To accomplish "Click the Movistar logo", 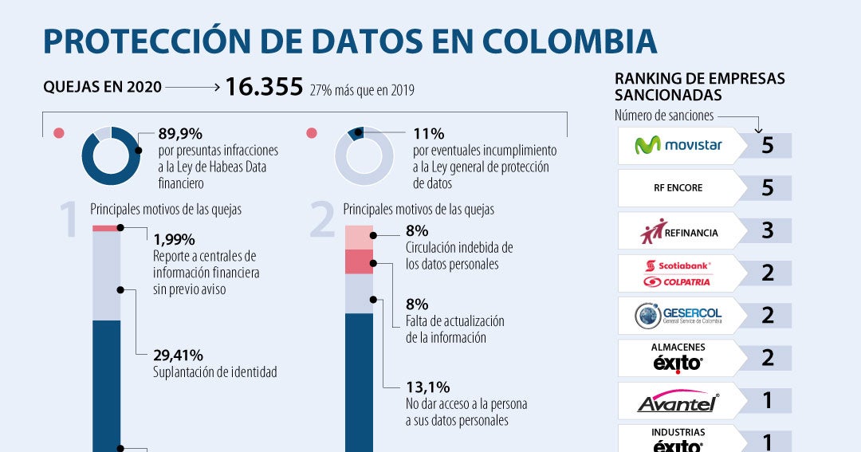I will (678, 146).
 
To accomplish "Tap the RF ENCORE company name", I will (678, 189).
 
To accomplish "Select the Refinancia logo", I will (679, 232).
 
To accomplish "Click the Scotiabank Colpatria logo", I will (678, 273).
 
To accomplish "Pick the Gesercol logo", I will (679, 316).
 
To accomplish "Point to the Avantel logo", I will (678, 401).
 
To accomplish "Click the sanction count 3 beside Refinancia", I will (767, 231).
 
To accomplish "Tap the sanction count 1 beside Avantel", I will (767, 400).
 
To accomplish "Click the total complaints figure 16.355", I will (264, 87).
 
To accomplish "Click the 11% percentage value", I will (428, 134).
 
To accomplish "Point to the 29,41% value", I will (178, 356).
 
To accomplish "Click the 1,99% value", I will (174, 239).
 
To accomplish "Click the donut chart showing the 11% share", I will (364, 156).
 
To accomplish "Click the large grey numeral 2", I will (321, 221).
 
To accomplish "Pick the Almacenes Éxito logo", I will (678, 358).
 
